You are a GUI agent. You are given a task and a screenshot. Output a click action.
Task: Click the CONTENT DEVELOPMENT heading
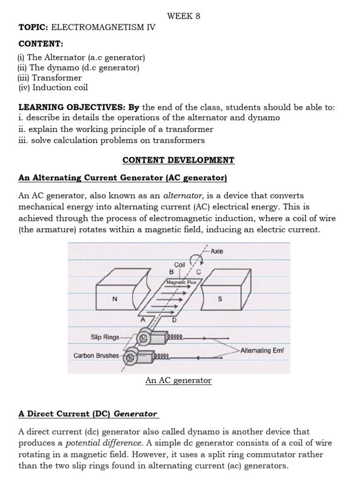pos(178,160)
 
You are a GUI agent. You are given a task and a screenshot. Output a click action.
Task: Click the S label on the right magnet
pos(220,300)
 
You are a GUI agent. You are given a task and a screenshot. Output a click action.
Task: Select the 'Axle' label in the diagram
pos(217,251)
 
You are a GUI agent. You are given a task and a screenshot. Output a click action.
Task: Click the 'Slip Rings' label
pos(104,337)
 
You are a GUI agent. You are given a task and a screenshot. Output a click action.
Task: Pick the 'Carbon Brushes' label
pos(96,355)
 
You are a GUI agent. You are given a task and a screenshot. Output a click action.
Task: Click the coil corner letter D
pos(174,320)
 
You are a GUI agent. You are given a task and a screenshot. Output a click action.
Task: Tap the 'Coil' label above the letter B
pos(180,264)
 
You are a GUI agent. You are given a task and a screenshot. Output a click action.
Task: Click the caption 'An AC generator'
pos(178,381)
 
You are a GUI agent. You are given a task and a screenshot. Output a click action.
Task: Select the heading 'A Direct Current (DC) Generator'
pos(88,414)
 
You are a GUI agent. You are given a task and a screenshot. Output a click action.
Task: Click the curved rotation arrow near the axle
pos(194,258)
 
